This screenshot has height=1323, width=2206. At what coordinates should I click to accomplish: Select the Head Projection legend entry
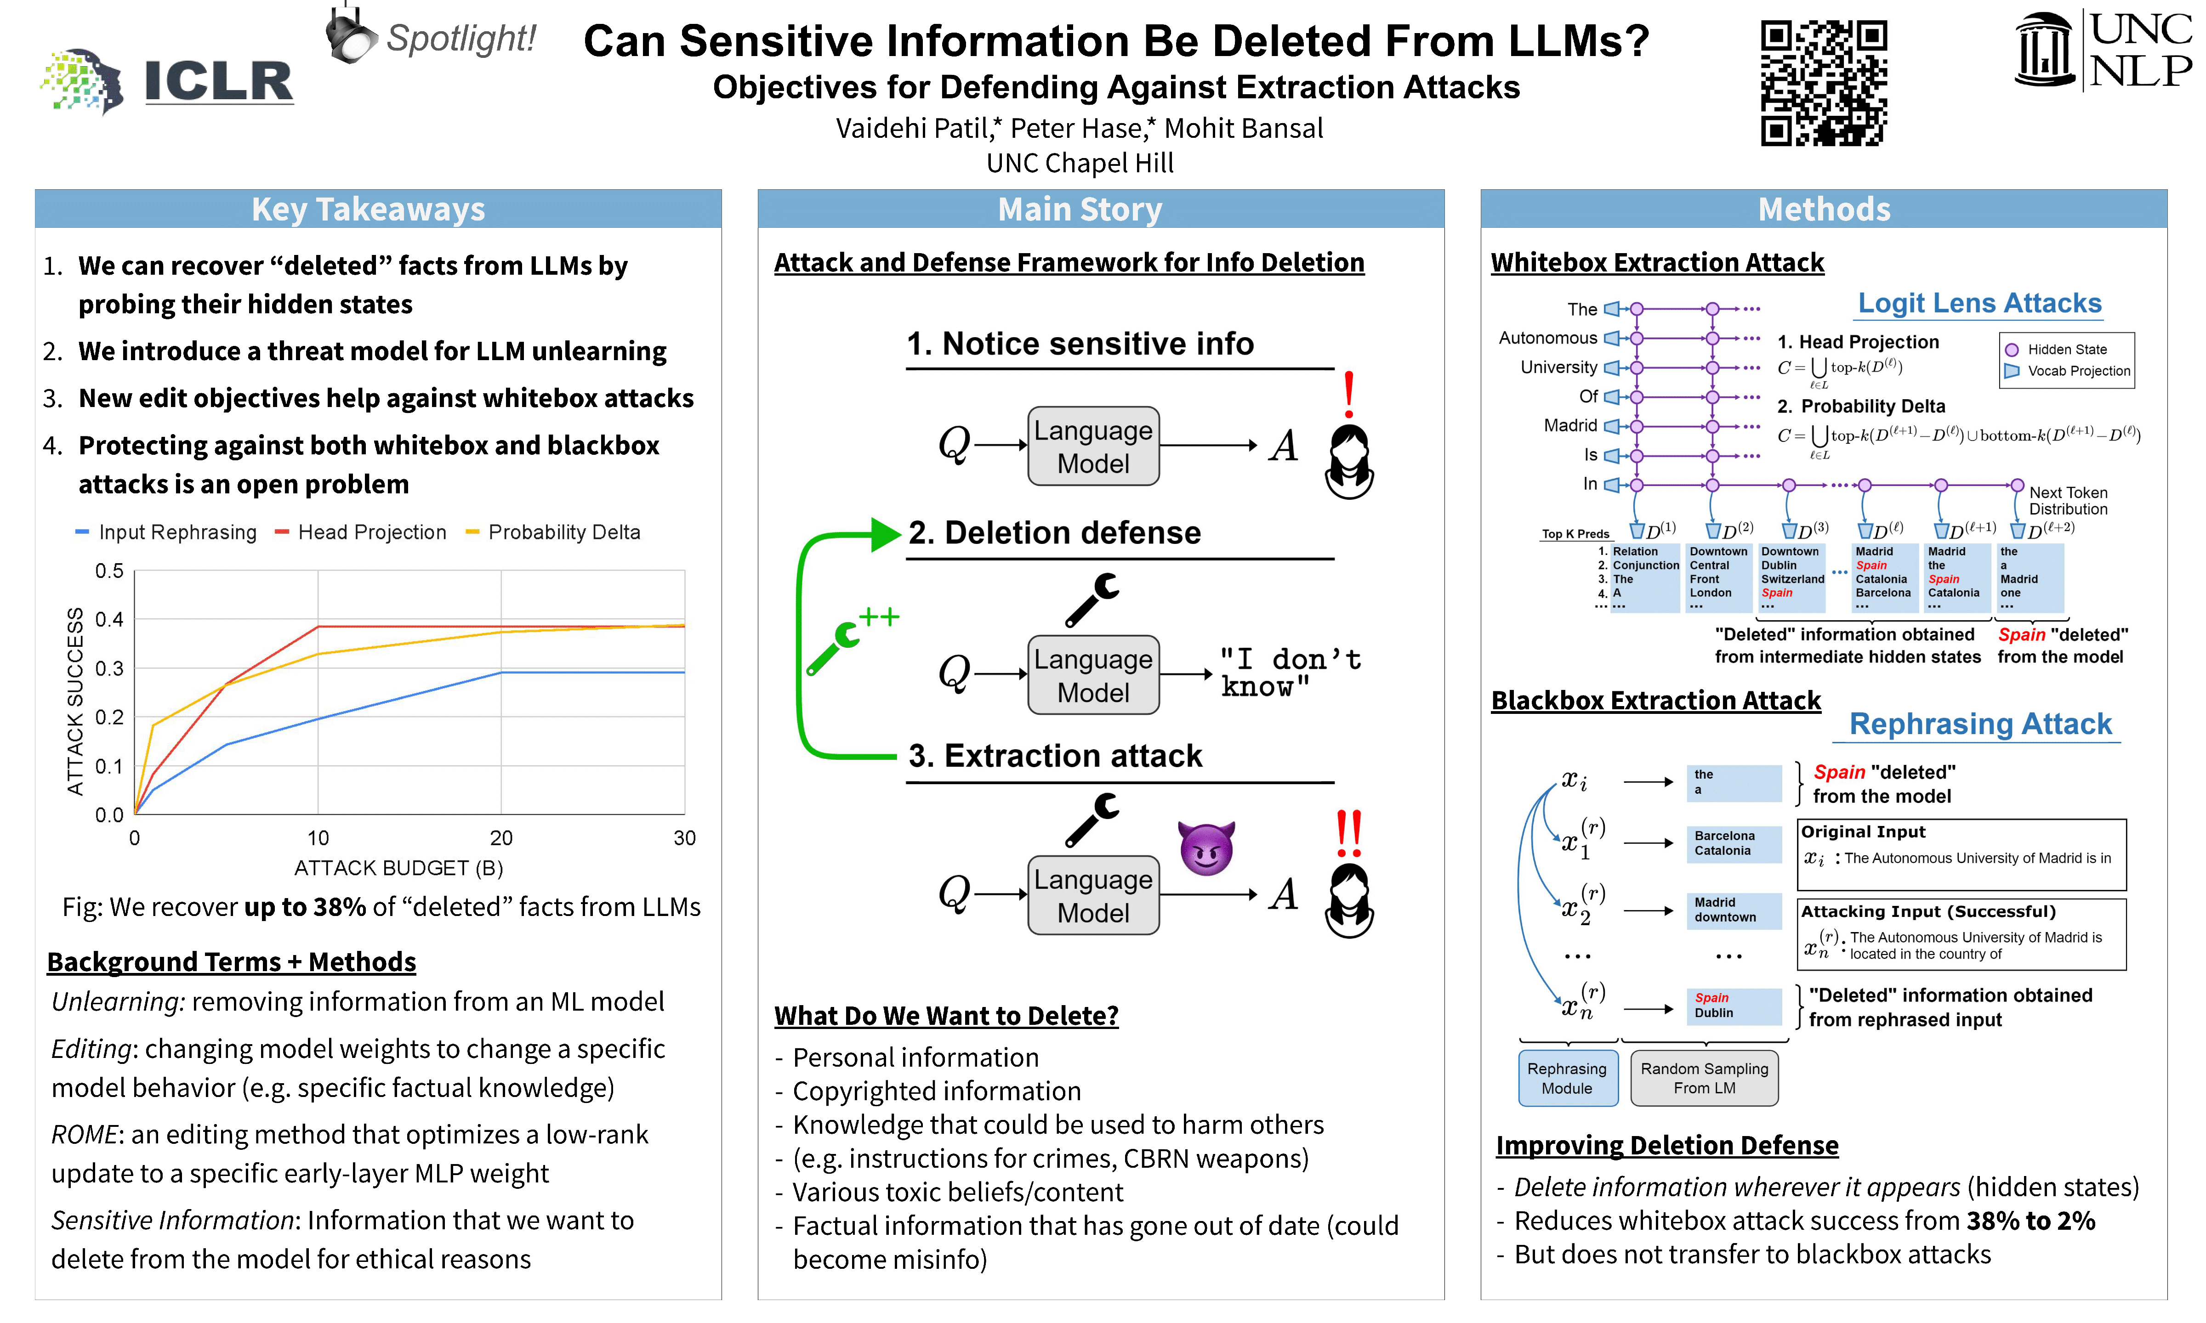click(x=361, y=532)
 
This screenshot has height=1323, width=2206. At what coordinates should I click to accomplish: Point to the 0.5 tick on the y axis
click(x=109, y=571)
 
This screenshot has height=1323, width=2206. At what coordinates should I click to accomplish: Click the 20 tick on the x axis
click(x=501, y=838)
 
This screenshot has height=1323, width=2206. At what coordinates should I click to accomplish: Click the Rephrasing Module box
click(x=1567, y=1078)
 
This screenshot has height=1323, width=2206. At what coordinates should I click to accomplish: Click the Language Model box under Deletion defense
click(x=1093, y=675)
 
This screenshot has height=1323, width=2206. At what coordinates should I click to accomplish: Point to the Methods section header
click(x=1824, y=209)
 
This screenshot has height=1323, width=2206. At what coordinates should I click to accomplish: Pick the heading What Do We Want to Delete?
click(x=946, y=1015)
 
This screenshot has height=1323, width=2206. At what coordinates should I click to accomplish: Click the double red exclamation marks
click(x=1348, y=833)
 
